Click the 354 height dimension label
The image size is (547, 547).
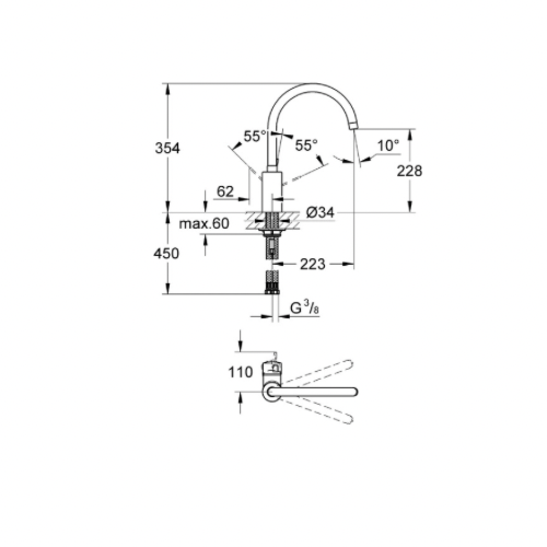coord(167,148)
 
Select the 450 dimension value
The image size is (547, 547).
coord(166,253)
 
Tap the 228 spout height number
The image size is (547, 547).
coord(410,171)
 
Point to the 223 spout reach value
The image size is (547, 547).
coord(312,264)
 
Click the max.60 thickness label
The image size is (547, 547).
coord(204,223)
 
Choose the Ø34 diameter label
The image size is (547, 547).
coord(320,212)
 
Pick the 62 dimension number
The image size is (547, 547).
coord(225,191)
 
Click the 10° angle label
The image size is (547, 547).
coord(388,145)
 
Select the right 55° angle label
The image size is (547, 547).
coord(306,145)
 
